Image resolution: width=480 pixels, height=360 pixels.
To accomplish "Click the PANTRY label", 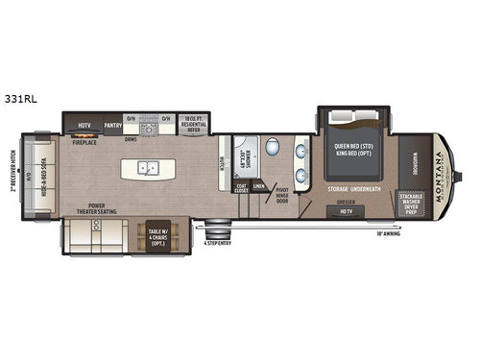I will click(x=110, y=124).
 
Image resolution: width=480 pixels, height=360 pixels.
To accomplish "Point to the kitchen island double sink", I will click(x=148, y=168).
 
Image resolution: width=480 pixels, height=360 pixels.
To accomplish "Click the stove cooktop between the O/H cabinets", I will click(x=148, y=126).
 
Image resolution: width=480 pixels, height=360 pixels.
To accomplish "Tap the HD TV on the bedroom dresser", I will click(x=347, y=212).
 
